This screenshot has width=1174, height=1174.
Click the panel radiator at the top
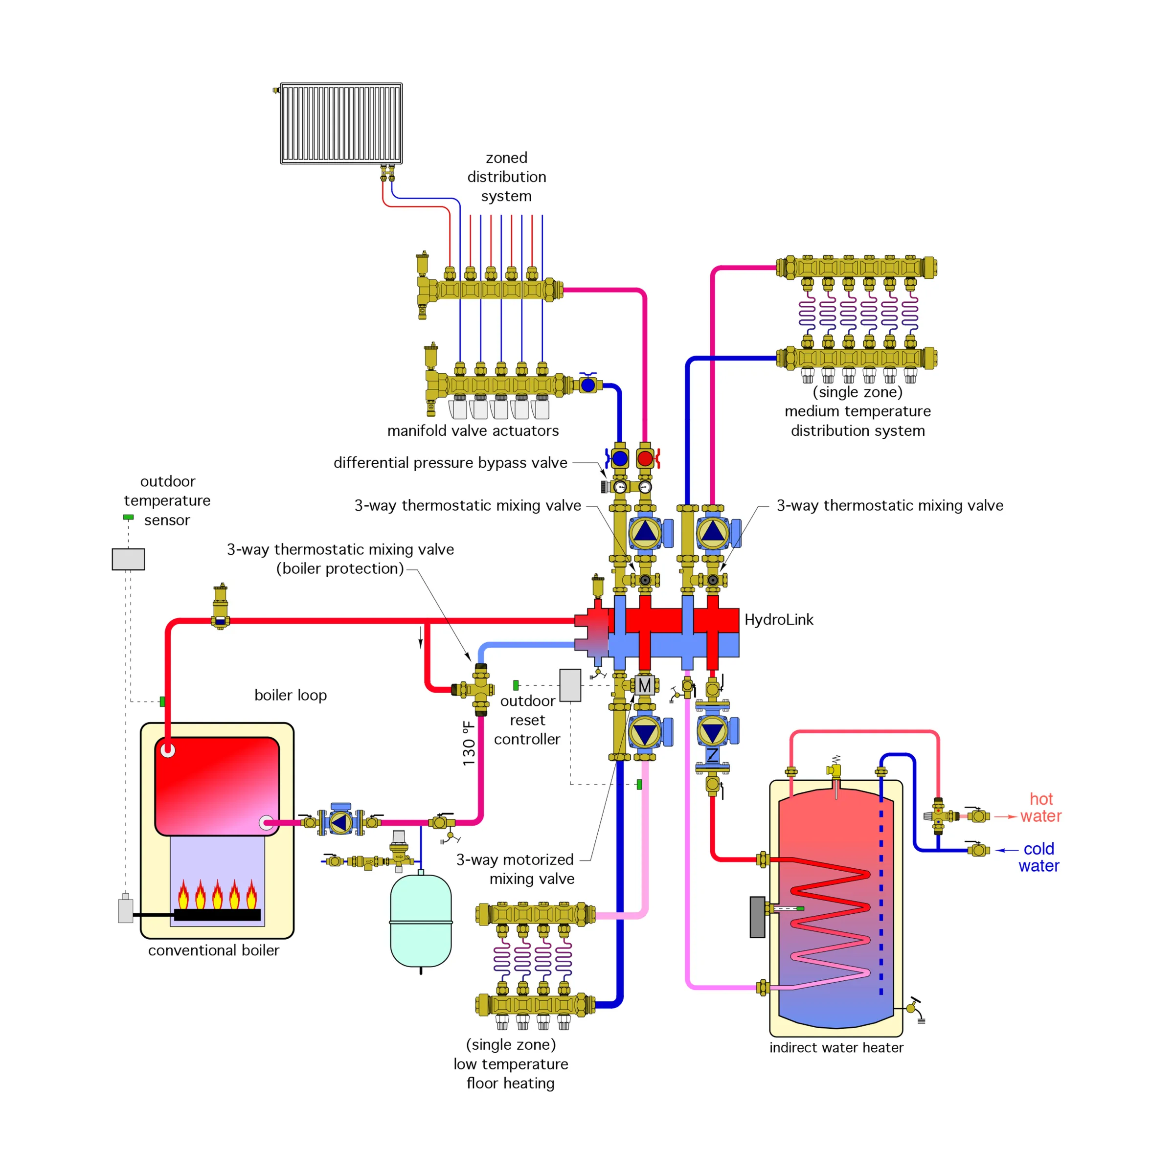tap(341, 123)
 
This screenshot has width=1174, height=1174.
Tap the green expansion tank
tap(421, 920)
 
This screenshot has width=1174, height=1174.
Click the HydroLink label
tap(778, 619)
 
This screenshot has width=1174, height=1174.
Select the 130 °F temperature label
tap(469, 743)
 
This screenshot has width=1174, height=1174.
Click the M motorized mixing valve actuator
tap(644, 685)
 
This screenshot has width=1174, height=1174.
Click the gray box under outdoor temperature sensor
tap(128, 559)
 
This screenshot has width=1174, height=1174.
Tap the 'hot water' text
tap(1040, 808)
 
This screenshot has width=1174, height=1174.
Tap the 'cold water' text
tap(1039, 857)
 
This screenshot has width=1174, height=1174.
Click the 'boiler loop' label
tap(291, 695)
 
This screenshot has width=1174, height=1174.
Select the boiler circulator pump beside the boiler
tap(340, 822)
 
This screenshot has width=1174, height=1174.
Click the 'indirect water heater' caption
tap(836, 1048)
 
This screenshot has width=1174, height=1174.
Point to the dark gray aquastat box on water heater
tap(757, 917)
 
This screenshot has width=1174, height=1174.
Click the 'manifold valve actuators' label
tap(473, 431)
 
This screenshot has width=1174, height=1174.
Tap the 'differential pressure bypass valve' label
tap(450, 463)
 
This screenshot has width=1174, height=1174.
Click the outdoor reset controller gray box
tap(570, 685)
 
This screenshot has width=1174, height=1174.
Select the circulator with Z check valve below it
tap(712, 731)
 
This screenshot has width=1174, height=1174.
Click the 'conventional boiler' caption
tap(213, 950)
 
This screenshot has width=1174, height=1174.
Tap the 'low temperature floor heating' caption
tap(510, 1064)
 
